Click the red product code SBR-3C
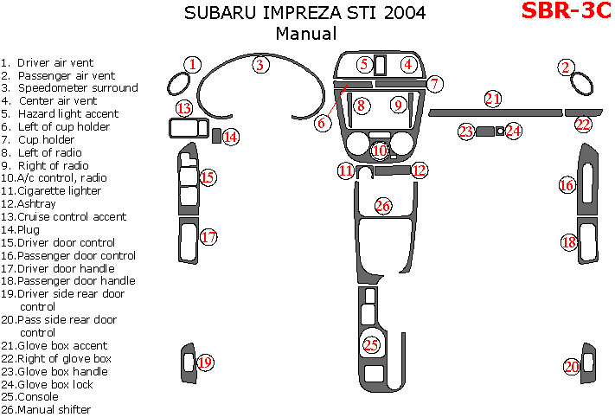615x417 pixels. [x=567, y=13]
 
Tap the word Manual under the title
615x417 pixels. [x=305, y=34]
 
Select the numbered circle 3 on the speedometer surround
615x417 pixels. [x=259, y=64]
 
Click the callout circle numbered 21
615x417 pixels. [x=493, y=99]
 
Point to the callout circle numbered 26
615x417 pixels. [x=382, y=206]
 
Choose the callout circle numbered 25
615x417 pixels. [x=371, y=345]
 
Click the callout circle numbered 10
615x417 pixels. [x=379, y=151]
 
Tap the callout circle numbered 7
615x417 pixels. [x=435, y=84]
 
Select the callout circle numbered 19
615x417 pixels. [x=204, y=362]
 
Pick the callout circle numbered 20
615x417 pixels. [x=572, y=367]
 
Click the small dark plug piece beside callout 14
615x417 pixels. [x=215, y=135]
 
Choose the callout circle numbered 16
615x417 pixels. [x=567, y=185]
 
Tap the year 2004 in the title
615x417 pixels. [x=406, y=14]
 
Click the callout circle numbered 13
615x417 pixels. [x=183, y=108]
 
